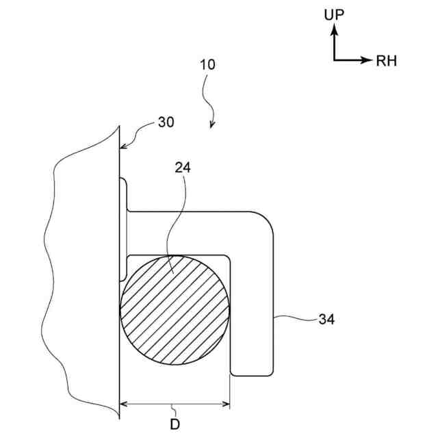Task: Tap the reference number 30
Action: (166, 122)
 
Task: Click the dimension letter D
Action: (175, 424)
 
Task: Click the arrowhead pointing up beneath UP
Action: (334, 30)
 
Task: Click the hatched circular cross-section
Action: (175, 310)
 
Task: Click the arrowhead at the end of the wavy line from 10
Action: (211, 125)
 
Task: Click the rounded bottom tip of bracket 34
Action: (253, 375)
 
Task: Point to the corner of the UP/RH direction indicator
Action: (334, 60)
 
